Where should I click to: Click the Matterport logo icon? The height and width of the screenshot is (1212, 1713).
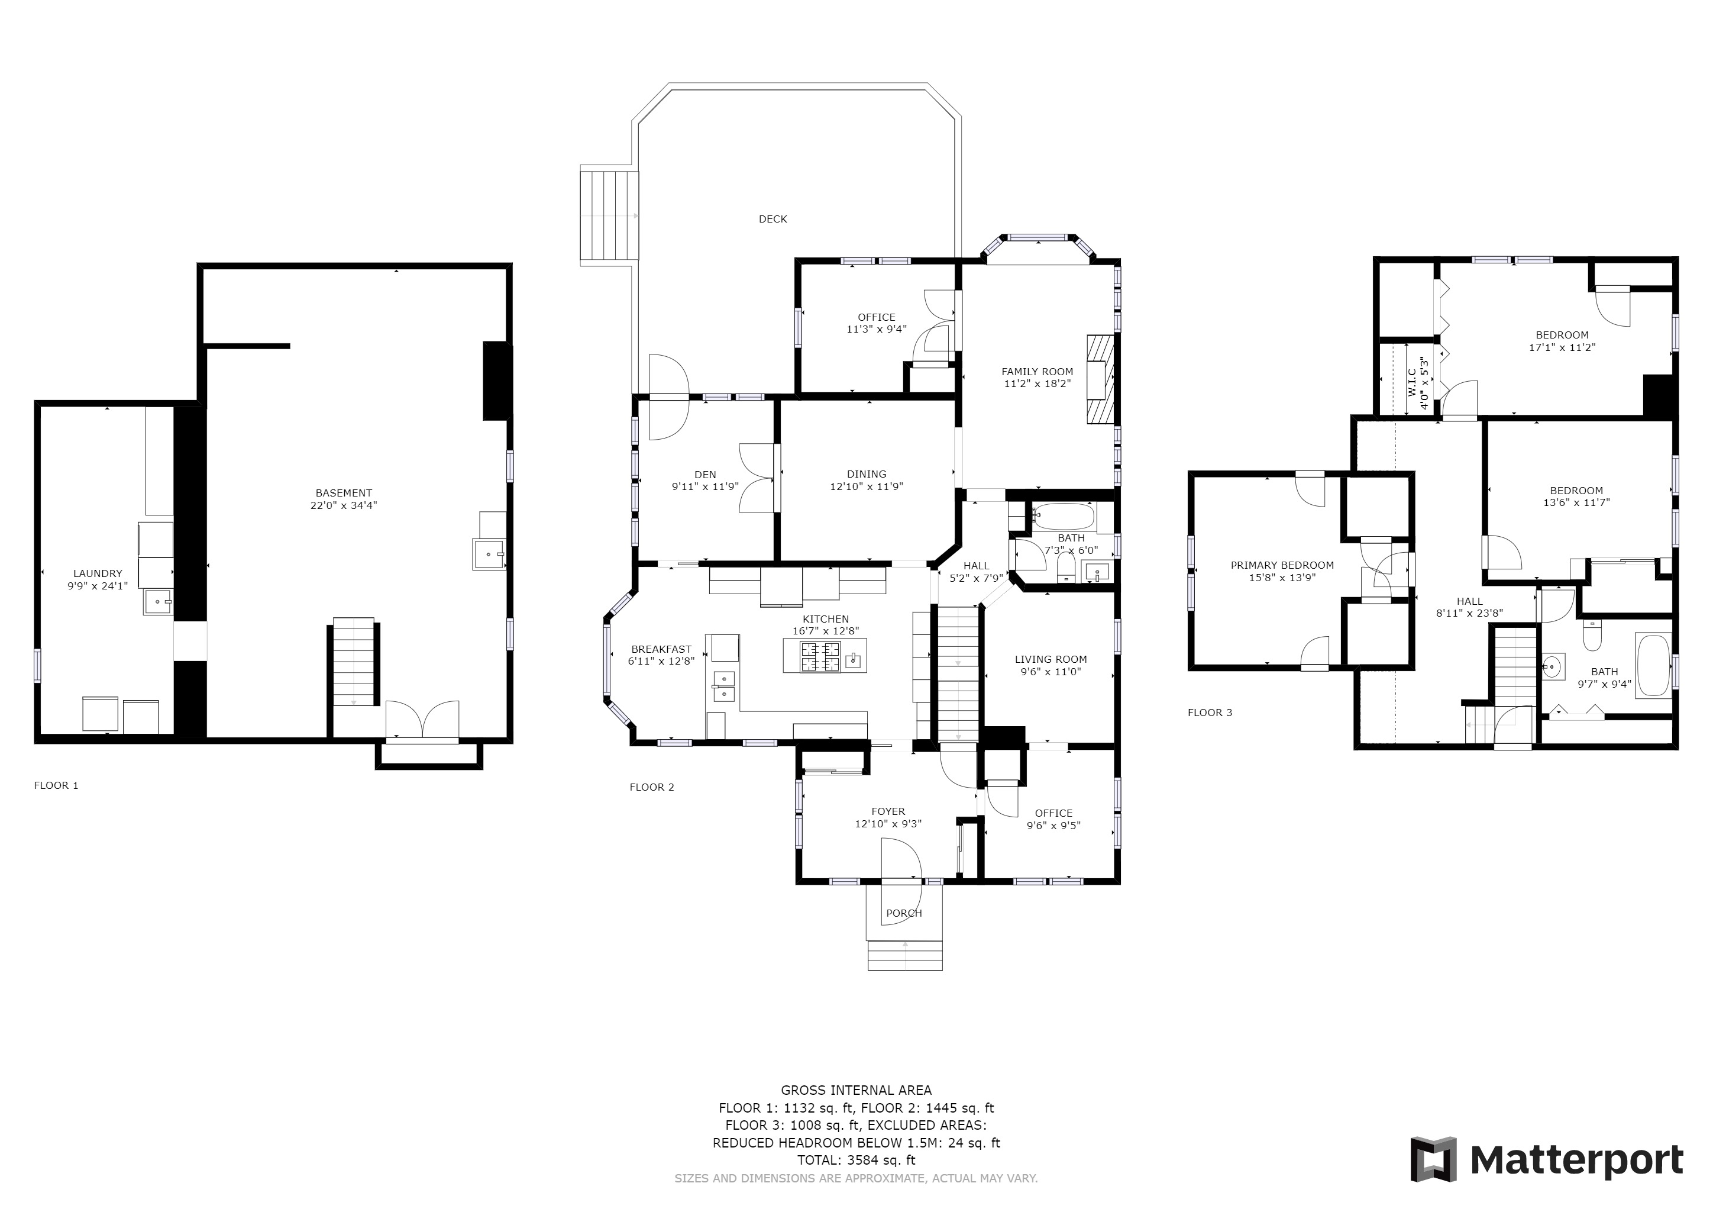click(1433, 1160)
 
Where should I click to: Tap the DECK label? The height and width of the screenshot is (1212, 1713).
click(773, 218)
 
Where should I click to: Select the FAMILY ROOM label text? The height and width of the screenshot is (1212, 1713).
click(1037, 372)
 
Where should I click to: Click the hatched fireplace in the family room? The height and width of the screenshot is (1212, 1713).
click(1100, 379)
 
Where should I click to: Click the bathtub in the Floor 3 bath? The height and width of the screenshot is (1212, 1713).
click(1653, 666)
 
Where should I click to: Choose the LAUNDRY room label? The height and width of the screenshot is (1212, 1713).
click(98, 574)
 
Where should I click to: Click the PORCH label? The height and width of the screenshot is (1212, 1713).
click(904, 913)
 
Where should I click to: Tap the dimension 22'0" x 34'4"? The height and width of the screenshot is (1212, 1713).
click(344, 505)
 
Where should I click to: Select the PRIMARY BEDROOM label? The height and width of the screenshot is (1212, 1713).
click(1282, 565)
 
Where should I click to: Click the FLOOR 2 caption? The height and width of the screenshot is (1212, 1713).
click(652, 786)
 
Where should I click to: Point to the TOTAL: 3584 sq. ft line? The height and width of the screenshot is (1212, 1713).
click(856, 1161)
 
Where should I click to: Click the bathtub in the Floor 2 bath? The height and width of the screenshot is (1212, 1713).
click(1063, 515)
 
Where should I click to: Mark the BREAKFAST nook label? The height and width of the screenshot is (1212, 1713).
click(661, 649)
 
